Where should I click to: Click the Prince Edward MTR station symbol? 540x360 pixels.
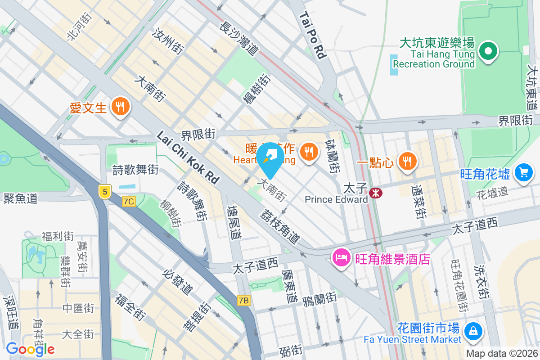click(375, 193)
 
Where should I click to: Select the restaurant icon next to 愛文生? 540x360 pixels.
click(120, 107)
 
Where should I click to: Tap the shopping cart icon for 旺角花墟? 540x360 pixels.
click(523, 172)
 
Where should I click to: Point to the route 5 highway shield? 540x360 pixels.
click(104, 192)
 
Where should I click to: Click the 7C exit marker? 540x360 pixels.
click(128, 202)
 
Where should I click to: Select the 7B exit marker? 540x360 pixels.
click(243, 300)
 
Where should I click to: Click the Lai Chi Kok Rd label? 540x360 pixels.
click(188, 157)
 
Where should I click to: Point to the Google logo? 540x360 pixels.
click(30, 349)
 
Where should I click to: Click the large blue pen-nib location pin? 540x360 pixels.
click(271, 159)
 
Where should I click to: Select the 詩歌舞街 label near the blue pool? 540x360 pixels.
click(135, 170)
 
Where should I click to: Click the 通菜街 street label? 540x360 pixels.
click(420, 202)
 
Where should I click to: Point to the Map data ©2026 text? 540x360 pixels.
click(502, 354)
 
